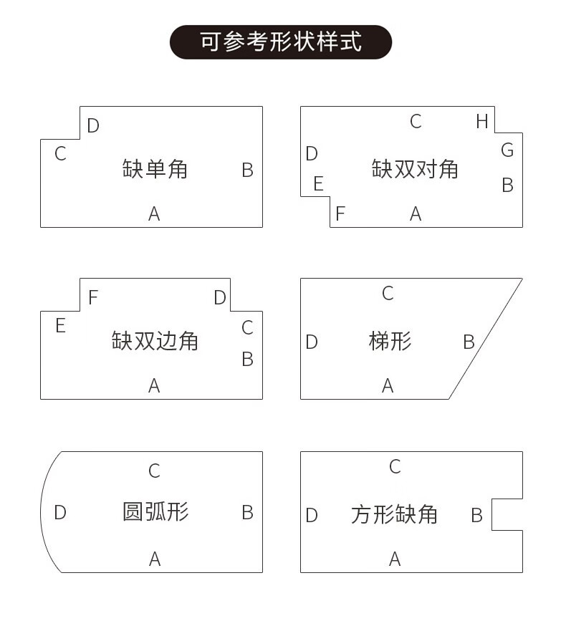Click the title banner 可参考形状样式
[x=281, y=42]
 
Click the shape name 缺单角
[x=155, y=169]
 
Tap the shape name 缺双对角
[x=415, y=169]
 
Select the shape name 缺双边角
[x=155, y=340]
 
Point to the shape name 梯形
[x=390, y=341]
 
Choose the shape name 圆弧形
[x=155, y=512]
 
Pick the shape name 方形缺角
[x=394, y=514]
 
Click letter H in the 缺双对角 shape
[x=482, y=122]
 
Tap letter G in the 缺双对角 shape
[x=507, y=150]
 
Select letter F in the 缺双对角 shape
[x=340, y=213]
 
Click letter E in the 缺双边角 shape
[x=60, y=327]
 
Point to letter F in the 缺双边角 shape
[x=93, y=297]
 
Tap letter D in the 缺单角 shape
[x=93, y=126]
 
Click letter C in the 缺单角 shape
[x=60, y=154]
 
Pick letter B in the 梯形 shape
[x=469, y=342]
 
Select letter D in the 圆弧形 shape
[x=60, y=513]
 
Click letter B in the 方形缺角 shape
[x=476, y=515]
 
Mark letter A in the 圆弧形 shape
[x=154, y=559]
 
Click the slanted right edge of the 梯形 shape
[x=486, y=339]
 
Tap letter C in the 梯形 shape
[x=388, y=293]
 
